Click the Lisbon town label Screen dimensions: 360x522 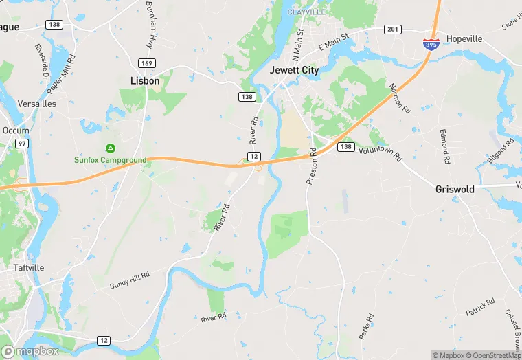pyautogui.click(x=145, y=80)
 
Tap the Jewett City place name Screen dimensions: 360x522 pyautogui.click(x=295, y=70)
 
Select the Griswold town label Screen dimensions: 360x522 pyautogui.click(x=455, y=189)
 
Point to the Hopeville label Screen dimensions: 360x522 pyautogui.click(x=465, y=38)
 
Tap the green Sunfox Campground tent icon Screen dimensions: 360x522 pyautogui.click(x=110, y=148)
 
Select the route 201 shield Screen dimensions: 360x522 pyautogui.click(x=393, y=29)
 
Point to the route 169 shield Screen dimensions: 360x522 pyautogui.click(x=146, y=63)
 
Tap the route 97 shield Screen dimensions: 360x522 pyautogui.click(x=23, y=143)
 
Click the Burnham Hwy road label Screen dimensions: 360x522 pyautogui.click(x=149, y=24)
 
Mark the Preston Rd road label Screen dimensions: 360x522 pyautogui.click(x=312, y=166)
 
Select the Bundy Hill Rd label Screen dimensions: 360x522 pyautogui.click(x=129, y=280)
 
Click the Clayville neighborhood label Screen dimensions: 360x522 pyautogui.click(x=306, y=12)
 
